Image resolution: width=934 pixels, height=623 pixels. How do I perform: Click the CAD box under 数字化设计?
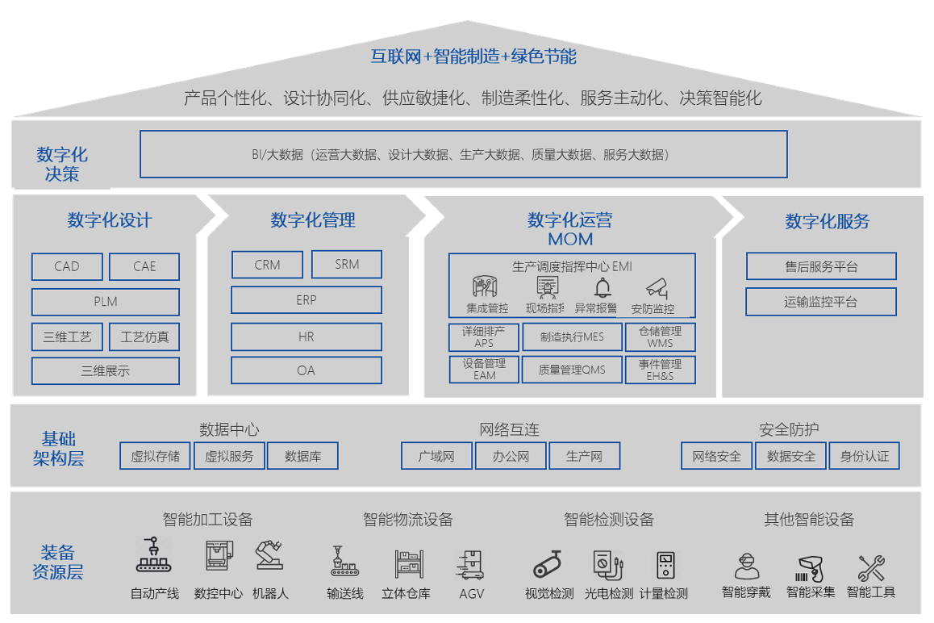tap(67, 266)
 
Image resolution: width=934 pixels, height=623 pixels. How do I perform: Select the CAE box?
tap(144, 266)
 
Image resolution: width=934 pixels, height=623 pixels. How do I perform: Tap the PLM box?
tap(106, 302)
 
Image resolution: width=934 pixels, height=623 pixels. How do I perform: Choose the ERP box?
tap(306, 300)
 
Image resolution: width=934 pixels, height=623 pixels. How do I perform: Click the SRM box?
tap(347, 264)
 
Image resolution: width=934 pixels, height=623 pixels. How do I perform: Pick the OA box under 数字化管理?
tap(306, 370)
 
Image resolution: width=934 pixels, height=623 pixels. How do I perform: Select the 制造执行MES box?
tap(572, 337)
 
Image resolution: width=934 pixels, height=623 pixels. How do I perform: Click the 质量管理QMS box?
tap(572, 370)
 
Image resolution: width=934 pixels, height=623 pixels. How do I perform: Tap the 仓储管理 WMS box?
tap(660, 337)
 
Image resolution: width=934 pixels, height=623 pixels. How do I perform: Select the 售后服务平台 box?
tap(821, 266)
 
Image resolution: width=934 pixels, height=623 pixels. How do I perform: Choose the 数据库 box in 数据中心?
tap(302, 456)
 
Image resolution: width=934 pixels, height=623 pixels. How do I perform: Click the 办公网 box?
tap(511, 456)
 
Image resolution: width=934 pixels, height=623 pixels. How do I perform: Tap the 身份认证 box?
tap(864, 456)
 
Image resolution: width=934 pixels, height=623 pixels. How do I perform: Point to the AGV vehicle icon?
tap(470, 564)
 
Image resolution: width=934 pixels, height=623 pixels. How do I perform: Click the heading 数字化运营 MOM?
tap(570, 229)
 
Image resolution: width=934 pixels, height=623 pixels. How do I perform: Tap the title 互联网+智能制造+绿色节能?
tap(473, 56)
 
